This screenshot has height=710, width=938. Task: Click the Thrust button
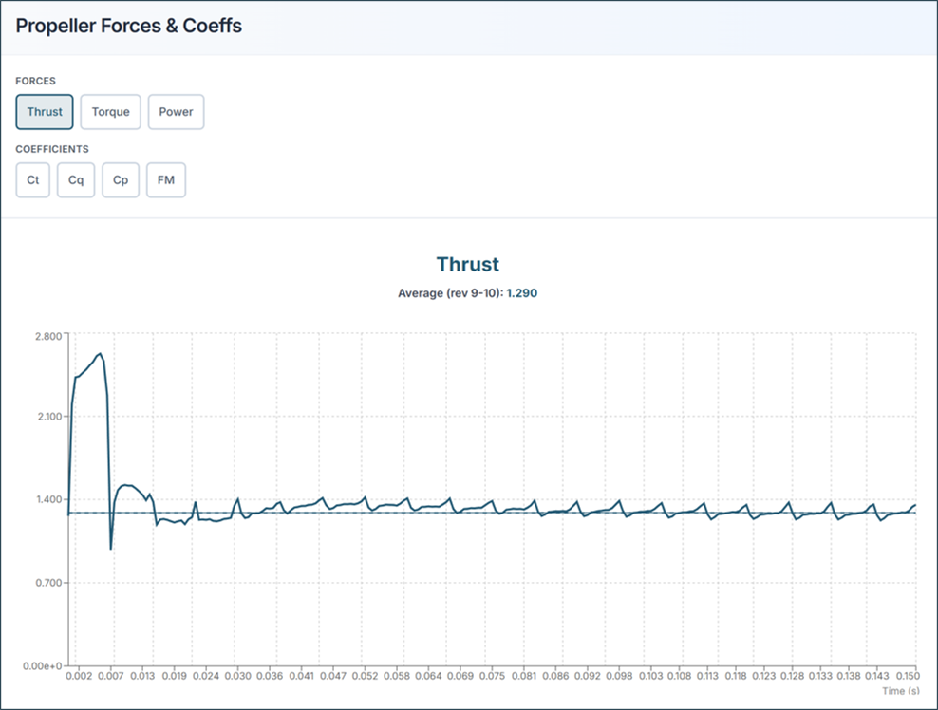[x=45, y=112]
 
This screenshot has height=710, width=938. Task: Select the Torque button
[x=111, y=112]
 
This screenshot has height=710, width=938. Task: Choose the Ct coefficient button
[x=33, y=180]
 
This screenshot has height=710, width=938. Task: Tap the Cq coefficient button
[x=76, y=180]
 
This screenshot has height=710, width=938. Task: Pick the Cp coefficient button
[x=121, y=180]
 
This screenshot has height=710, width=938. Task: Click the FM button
[x=166, y=180]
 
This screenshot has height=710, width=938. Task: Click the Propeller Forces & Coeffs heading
[x=129, y=26]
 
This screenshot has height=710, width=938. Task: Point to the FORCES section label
[x=35, y=81]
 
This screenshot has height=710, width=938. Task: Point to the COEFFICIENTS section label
[x=52, y=149]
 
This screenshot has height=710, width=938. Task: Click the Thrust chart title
[x=467, y=265]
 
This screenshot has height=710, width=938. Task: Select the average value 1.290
[x=521, y=293]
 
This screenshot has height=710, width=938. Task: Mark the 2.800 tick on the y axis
[x=47, y=335]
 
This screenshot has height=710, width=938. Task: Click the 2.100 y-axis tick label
[x=47, y=417]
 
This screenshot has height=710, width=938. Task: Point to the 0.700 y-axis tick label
[x=47, y=583]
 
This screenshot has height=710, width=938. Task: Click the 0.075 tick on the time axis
[x=493, y=677]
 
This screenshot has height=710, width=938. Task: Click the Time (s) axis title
[x=899, y=691]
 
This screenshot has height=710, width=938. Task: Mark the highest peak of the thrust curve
[x=101, y=354]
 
